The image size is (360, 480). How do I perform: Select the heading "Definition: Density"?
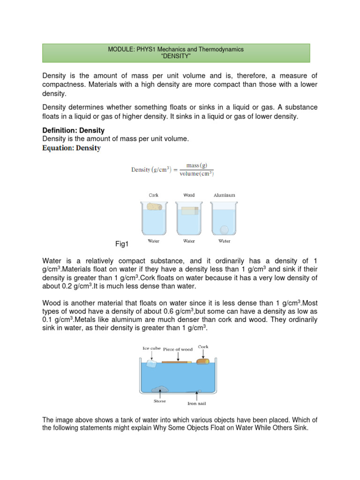click(73, 130)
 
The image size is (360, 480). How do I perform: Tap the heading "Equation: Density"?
click(71, 148)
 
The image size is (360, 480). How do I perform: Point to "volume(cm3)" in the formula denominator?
click(197, 174)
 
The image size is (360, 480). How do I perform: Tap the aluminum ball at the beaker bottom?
click(225, 230)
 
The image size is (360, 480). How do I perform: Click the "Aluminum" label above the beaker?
click(224, 195)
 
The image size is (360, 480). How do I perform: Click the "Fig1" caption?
click(122, 244)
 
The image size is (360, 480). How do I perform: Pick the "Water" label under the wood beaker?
click(189, 241)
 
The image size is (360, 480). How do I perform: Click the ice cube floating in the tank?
click(151, 363)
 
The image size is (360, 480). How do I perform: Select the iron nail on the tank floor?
click(194, 390)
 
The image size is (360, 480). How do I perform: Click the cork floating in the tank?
click(203, 361)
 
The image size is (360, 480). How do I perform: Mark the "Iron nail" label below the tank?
click(196, 403)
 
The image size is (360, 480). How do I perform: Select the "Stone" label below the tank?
click(160, 401)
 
